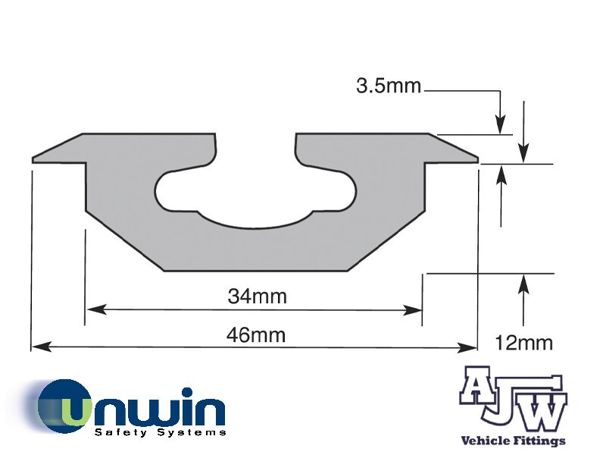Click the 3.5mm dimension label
tap(388, 86)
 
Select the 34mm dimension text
tap(257, 297)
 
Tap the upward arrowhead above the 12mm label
tap(522, 281)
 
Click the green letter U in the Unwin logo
tap(73, 409)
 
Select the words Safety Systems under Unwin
tap(160, 432)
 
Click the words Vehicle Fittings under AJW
tap(513, 441)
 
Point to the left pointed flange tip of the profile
tap(35, 159)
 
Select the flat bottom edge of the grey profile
tap(255, 269)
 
